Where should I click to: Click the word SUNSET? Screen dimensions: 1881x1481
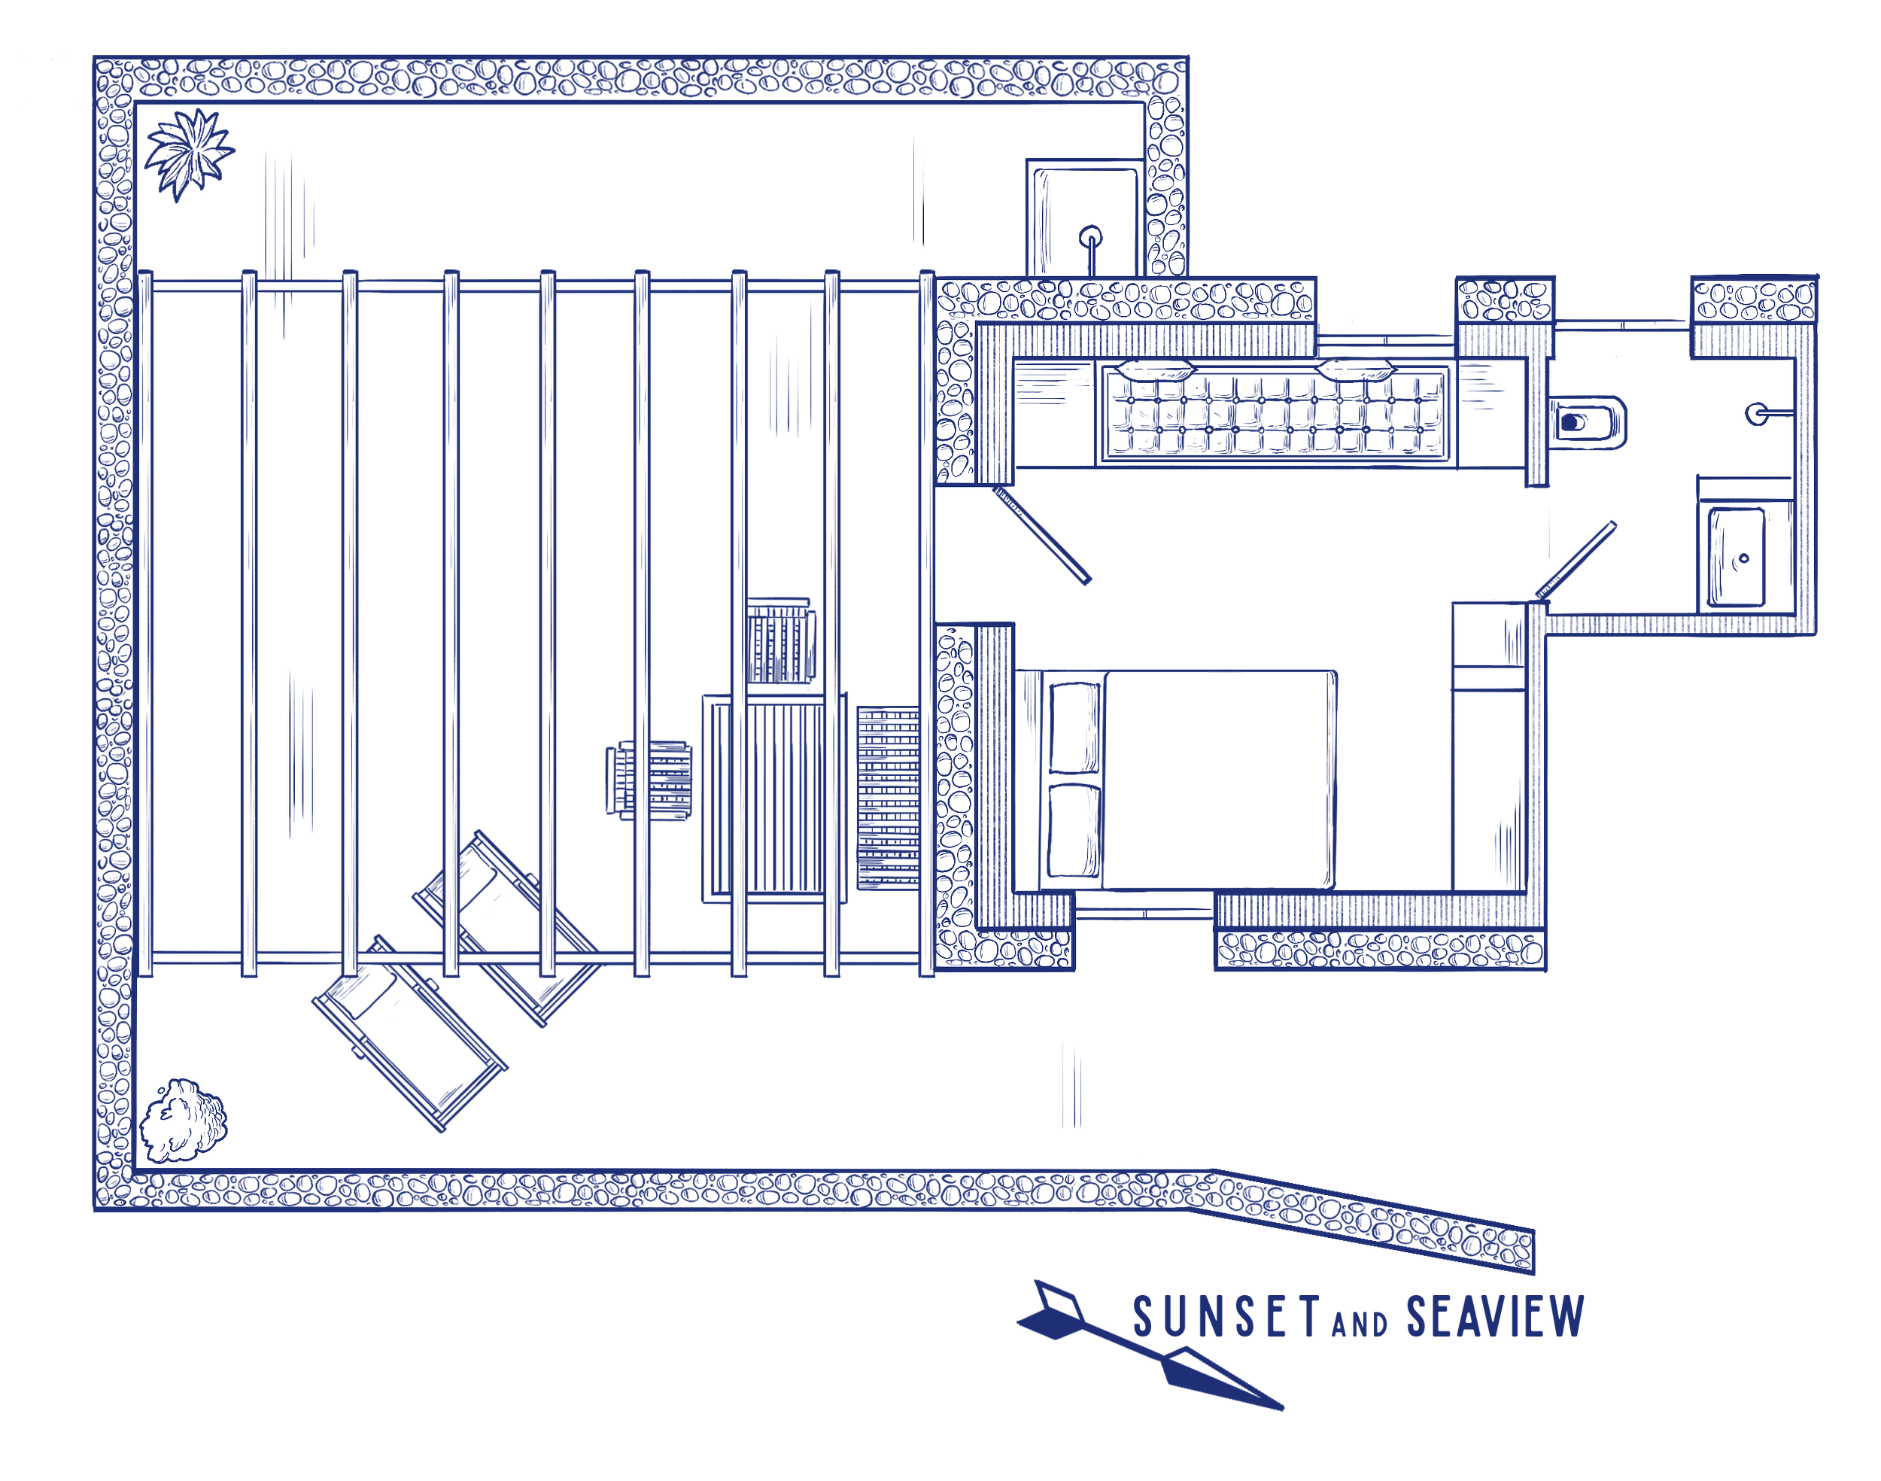click(x=1226, y=1316)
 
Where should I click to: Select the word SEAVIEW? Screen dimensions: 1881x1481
click(x=1494, y=1316)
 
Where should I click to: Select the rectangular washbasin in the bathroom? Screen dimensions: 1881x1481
click(x=1737, y=557)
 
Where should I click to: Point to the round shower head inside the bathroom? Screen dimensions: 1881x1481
click(x=1756, y=414)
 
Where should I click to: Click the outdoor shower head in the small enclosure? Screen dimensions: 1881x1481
click(x=1091, y=235)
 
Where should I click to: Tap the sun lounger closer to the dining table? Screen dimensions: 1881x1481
click(x=507, y=923)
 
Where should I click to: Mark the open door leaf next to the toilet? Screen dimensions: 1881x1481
click(x=1576, y=558)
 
